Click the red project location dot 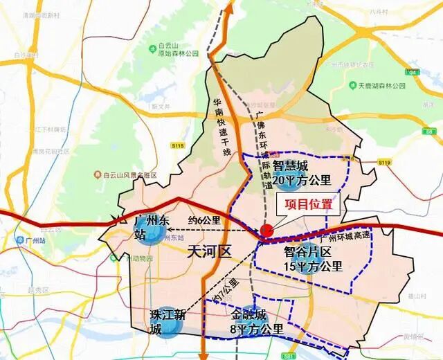(x=266, y=231)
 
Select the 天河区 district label (x=209, y=251)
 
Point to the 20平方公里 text (x=302, y=181)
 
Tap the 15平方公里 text (x=313, y=266)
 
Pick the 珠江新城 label (x=169, y=321)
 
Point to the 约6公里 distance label (x=205, y=221)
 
